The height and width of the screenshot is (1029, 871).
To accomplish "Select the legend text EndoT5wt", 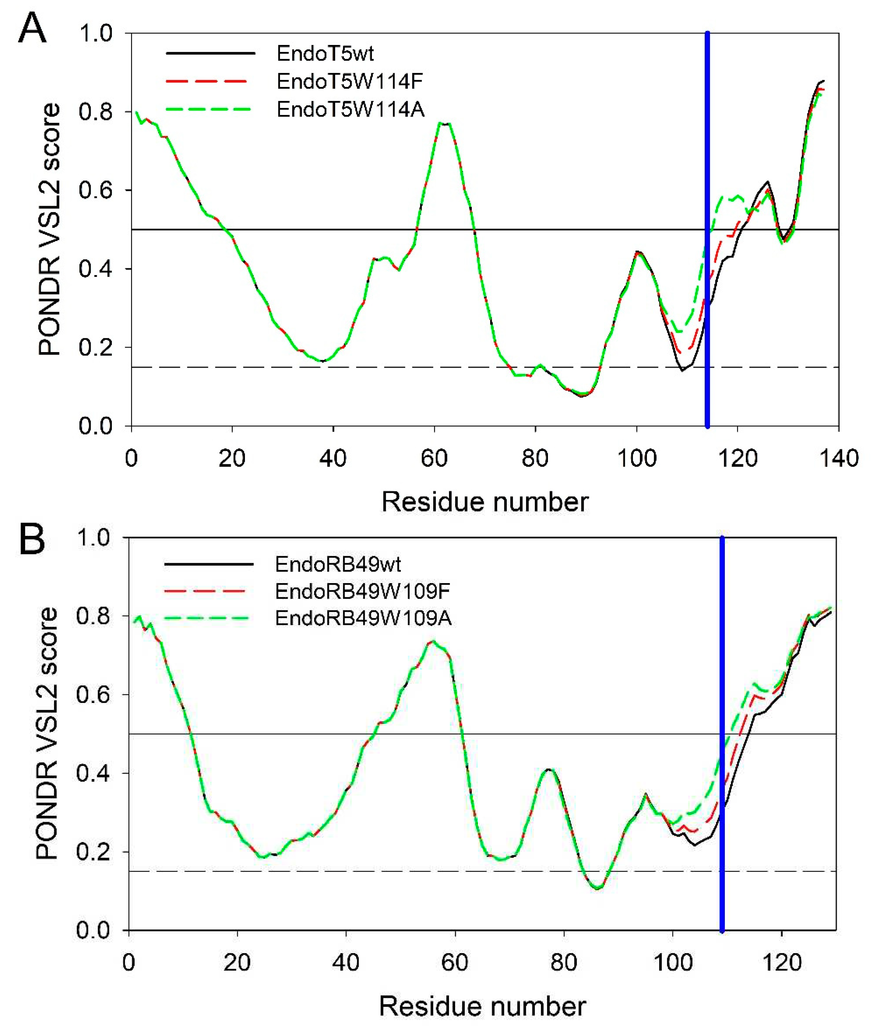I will tap(325, 53).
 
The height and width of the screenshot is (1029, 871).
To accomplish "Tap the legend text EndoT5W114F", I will tap(350, 81).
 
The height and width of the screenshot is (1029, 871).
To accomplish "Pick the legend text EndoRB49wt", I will tap(338, 563).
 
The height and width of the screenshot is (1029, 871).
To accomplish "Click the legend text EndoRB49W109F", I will tap(363, 591).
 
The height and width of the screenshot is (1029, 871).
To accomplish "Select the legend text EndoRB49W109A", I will tap(363, 618).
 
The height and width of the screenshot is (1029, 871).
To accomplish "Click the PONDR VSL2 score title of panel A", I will tap(49, 229).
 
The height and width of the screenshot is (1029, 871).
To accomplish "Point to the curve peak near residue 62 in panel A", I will tap(444, 123).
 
